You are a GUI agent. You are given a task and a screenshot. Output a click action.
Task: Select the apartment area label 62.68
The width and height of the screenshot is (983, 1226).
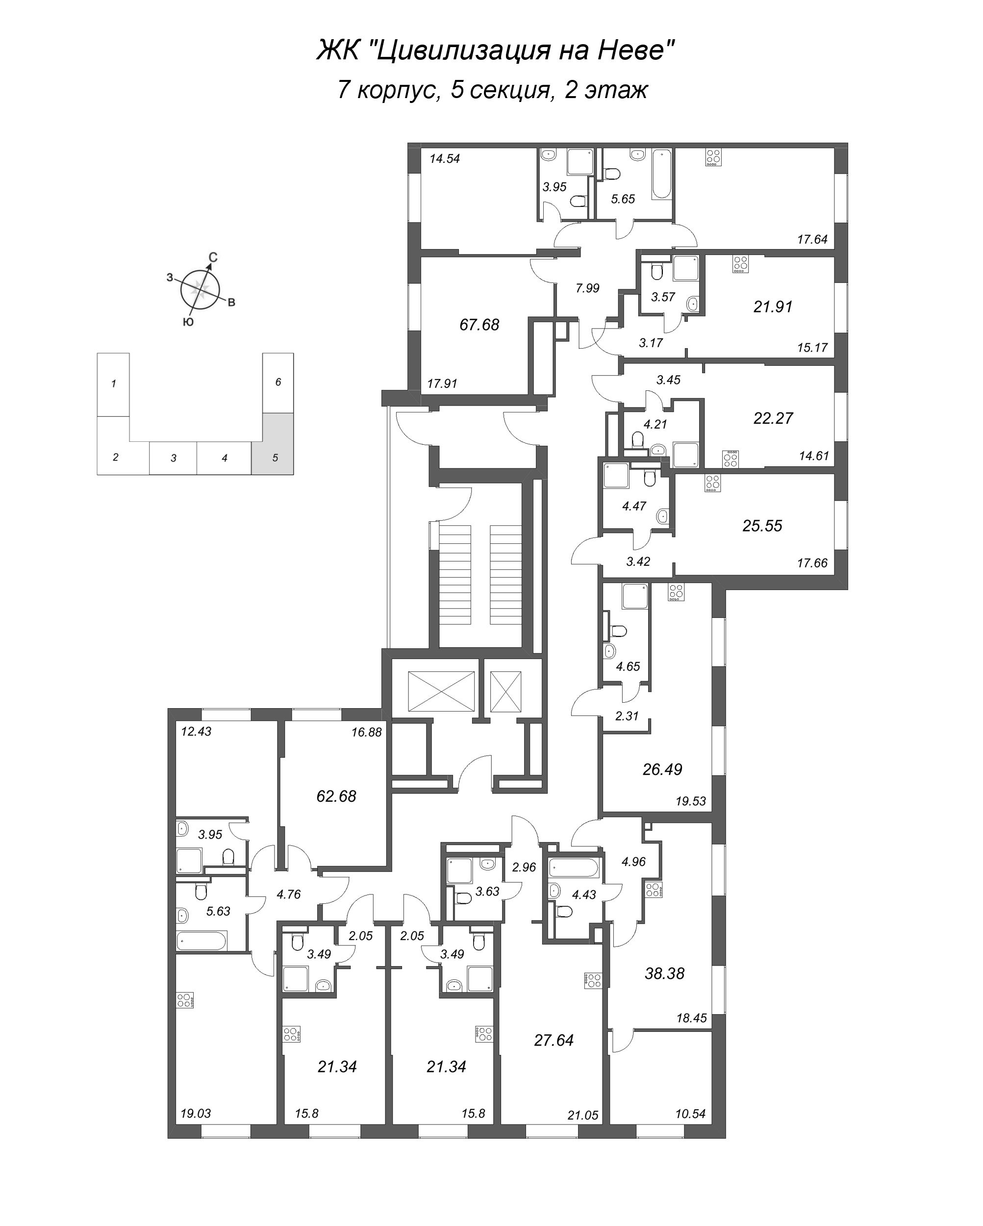click(x=336, y=796)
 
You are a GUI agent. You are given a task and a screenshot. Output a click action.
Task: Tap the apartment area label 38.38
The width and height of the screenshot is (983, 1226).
click(x=664, y=973)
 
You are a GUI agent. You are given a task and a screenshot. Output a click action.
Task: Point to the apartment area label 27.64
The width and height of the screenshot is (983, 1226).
click(x=554, y=1040)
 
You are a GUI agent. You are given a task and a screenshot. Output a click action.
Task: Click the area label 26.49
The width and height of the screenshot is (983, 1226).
click(x=662, y=769)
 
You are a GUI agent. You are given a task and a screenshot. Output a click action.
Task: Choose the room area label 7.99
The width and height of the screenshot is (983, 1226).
click(x=587, y=288)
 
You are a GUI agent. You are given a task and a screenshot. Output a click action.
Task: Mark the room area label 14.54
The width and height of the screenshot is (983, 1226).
click(x=445, y=159)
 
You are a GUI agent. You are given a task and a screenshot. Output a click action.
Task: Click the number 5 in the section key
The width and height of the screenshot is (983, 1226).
click(x=275, y=458)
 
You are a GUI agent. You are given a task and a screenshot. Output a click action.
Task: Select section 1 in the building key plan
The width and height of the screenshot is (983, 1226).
click(x=114, y=384)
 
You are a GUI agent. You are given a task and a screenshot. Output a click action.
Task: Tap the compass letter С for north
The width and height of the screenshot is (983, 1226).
click(x=212, y=257)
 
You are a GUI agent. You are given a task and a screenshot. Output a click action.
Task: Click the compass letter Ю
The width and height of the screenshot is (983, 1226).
click(x=188, y=322)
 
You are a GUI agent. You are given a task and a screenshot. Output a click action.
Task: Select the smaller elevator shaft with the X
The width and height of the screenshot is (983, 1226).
click(x=505, y=691)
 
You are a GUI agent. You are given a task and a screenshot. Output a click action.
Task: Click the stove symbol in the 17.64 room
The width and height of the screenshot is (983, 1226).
click(x=713, y=157)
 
